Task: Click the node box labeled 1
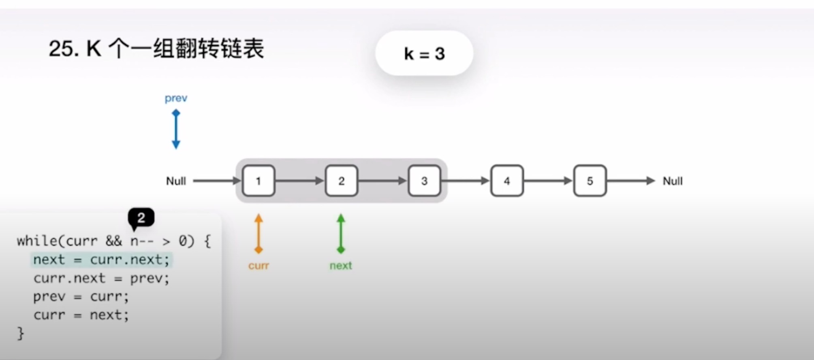point(259,181)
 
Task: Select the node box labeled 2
point(341,181)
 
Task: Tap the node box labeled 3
point(424,181)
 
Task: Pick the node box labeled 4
point(507,181)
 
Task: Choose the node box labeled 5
point(590,181)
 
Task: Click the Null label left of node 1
point(176,181)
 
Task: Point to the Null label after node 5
point(672,181)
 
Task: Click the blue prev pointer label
point(176,98)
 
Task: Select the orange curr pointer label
point(259,266)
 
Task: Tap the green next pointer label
point(341,266)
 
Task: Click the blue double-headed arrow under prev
point(176,130)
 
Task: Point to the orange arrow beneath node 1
point(259,234)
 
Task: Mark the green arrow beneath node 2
point(341,234)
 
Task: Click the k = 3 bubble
point(424,53)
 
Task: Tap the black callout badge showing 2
point(141,218)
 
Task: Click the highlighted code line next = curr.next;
point(101,260)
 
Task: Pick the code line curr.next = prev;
point(101,278)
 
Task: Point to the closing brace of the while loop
point(21,334)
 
